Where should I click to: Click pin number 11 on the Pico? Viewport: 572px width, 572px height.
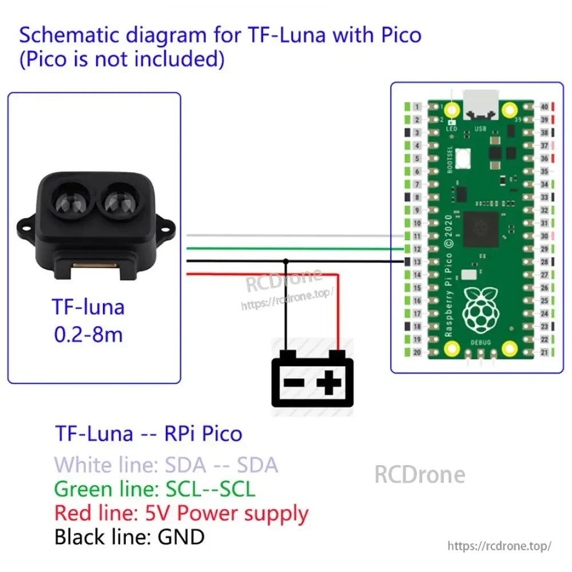coord(418,236)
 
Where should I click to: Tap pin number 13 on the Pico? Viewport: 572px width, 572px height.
coord(418,262)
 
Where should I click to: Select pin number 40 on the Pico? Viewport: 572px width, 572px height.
coord(545,107)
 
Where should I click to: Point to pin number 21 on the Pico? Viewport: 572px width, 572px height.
coord(545,352)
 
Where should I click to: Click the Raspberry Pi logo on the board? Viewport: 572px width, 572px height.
coord(480,309)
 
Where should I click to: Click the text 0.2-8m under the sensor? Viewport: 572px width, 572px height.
coord(88,334)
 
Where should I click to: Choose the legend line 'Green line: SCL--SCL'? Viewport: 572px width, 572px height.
coord(154,489)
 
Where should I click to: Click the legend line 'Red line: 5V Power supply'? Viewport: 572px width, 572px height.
coord(181,513)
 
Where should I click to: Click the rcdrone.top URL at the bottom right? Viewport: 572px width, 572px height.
coord(499,546)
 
